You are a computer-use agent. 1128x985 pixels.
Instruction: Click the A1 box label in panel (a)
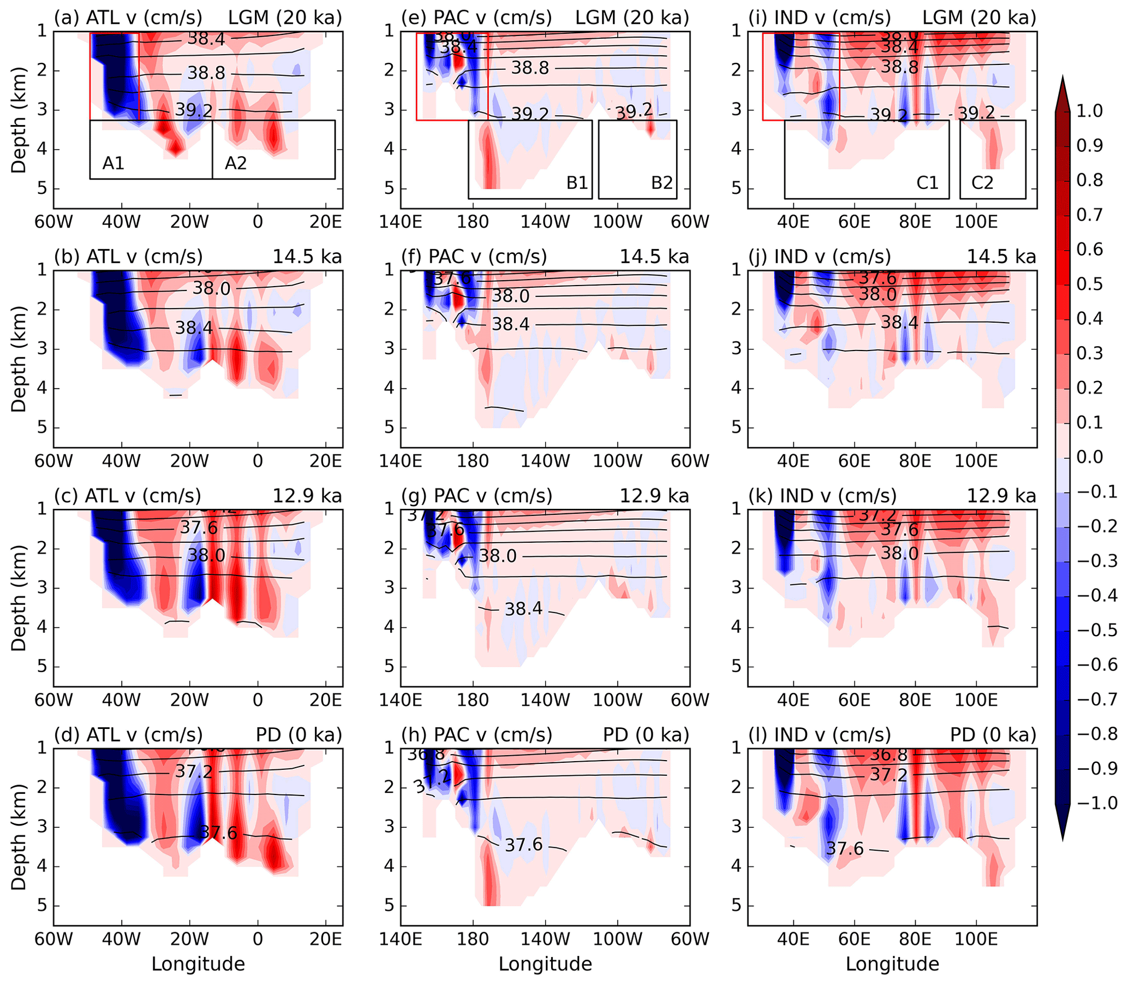[113, 163]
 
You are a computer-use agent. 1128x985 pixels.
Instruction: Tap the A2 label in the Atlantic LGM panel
[236, 163]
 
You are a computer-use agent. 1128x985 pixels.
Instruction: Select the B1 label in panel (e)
[577, 183]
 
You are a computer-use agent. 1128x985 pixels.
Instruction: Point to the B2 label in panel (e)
[662, 183]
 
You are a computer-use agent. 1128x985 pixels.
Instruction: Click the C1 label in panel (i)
[928, 183]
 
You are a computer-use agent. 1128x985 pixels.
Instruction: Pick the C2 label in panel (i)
[982, 183]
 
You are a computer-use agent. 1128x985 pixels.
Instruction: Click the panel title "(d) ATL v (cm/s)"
[128, 735]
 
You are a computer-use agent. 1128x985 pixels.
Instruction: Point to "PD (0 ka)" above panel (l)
[993, 735]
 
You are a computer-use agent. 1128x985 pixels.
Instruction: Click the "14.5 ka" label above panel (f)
[654, 257]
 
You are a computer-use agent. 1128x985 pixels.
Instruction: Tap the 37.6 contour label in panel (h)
[523, 844]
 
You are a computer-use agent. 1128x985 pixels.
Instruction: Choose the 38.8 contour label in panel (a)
[206, 73]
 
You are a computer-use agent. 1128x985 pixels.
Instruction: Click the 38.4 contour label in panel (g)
[523, 608]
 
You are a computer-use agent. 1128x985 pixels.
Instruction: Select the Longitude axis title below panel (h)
[545, 964]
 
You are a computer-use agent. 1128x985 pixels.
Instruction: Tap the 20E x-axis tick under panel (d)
[325, 939]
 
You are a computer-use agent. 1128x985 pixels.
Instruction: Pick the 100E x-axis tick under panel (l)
[976, 939]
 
